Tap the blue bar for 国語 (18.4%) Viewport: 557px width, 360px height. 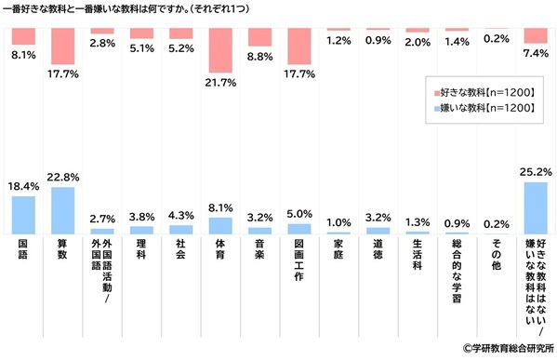[23, 215]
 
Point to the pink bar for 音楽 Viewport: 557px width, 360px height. [260, 37]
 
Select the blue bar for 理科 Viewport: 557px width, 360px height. [141, 229]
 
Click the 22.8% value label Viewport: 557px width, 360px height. [63, 178]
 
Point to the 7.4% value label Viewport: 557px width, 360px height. [536, 54]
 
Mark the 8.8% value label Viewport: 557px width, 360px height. [260, 56]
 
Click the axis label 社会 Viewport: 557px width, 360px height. [181, 252]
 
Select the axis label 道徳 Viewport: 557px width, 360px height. [378, 252]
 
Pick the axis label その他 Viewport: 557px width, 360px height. [497, 257]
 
